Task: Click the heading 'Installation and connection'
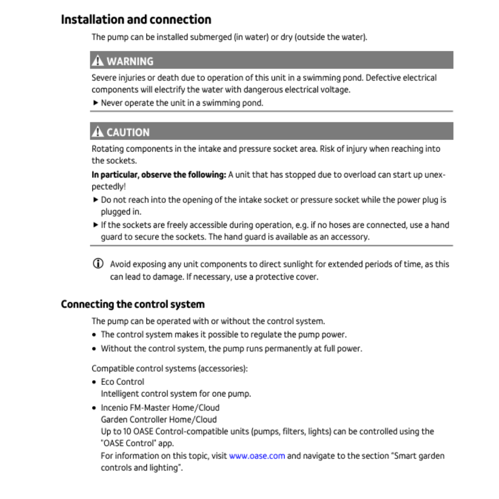[x=136, y=20]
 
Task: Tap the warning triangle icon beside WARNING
[x=97, y=61]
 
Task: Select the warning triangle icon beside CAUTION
[x=97, y=132]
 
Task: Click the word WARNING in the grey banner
[x=130, y=61]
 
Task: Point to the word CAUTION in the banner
[x=128, y=133]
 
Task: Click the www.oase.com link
[x=257, y=456]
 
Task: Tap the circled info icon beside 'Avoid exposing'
[x=97, y=264]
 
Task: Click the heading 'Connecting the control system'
[x=133, y=304]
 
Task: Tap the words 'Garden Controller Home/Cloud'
[x=158, y=420]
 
